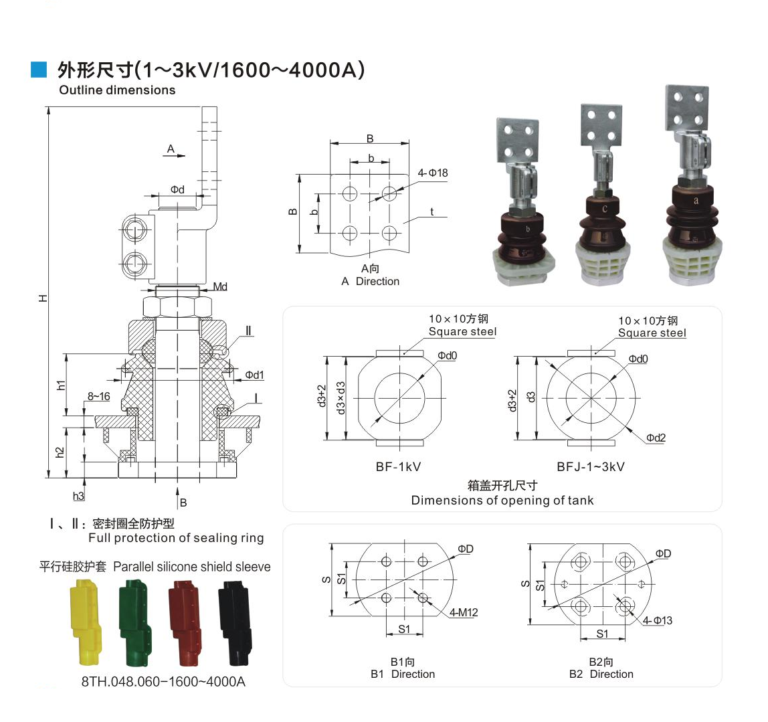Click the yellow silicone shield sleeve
tap(87, 622)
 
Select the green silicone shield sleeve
tap(134, 622)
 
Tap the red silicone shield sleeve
tap(185, 622)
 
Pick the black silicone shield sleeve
tap(235, 622)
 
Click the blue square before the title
tap(39, 70)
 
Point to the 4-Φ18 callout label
tap(432, 173)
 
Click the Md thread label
tap(220, 286)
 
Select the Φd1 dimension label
tap(254, 375)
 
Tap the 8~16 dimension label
tap(98, 396)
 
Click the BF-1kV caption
tap(398, 467)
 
